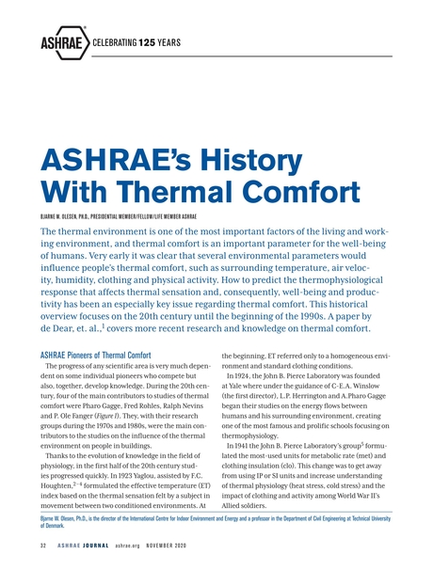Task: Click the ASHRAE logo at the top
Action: click(62, 43)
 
